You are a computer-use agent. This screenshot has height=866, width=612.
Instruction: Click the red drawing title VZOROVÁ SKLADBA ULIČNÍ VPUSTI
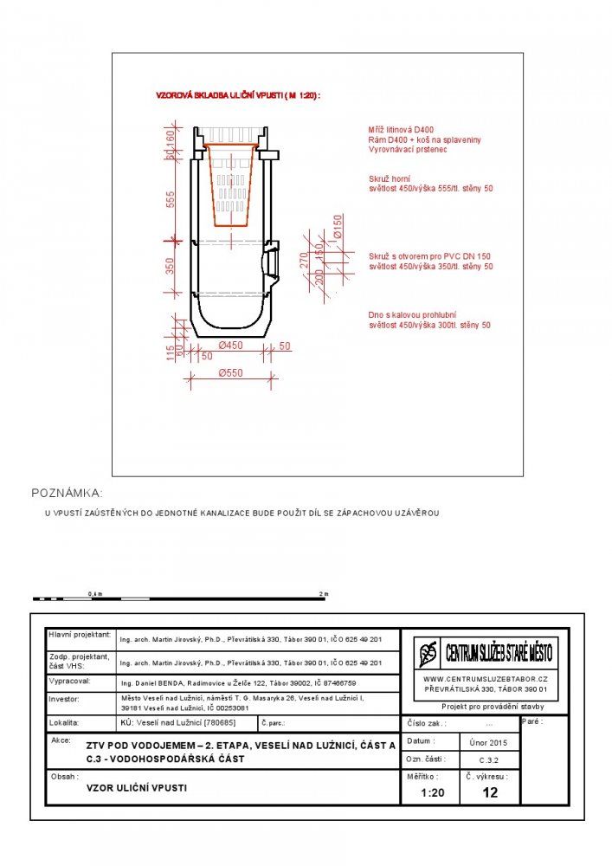click(237, 96)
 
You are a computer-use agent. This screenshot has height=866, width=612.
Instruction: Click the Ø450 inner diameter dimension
click(231, 346)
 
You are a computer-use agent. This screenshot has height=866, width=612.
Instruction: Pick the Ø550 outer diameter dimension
click(231, 373)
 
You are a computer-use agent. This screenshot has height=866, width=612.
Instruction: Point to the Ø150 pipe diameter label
click(338, 226)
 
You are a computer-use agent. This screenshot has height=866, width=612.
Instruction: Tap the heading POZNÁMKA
click(67, 493)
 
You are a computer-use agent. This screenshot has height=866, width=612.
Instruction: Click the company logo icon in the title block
click(428, 652)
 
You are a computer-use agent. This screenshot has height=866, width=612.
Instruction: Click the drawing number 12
click(490, 792)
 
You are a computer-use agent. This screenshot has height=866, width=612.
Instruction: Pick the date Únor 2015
click(490, 742)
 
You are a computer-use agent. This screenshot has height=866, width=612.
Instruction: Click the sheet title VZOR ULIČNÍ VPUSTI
click(137, 788)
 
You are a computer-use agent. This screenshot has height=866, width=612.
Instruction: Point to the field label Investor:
click(64, 698)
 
